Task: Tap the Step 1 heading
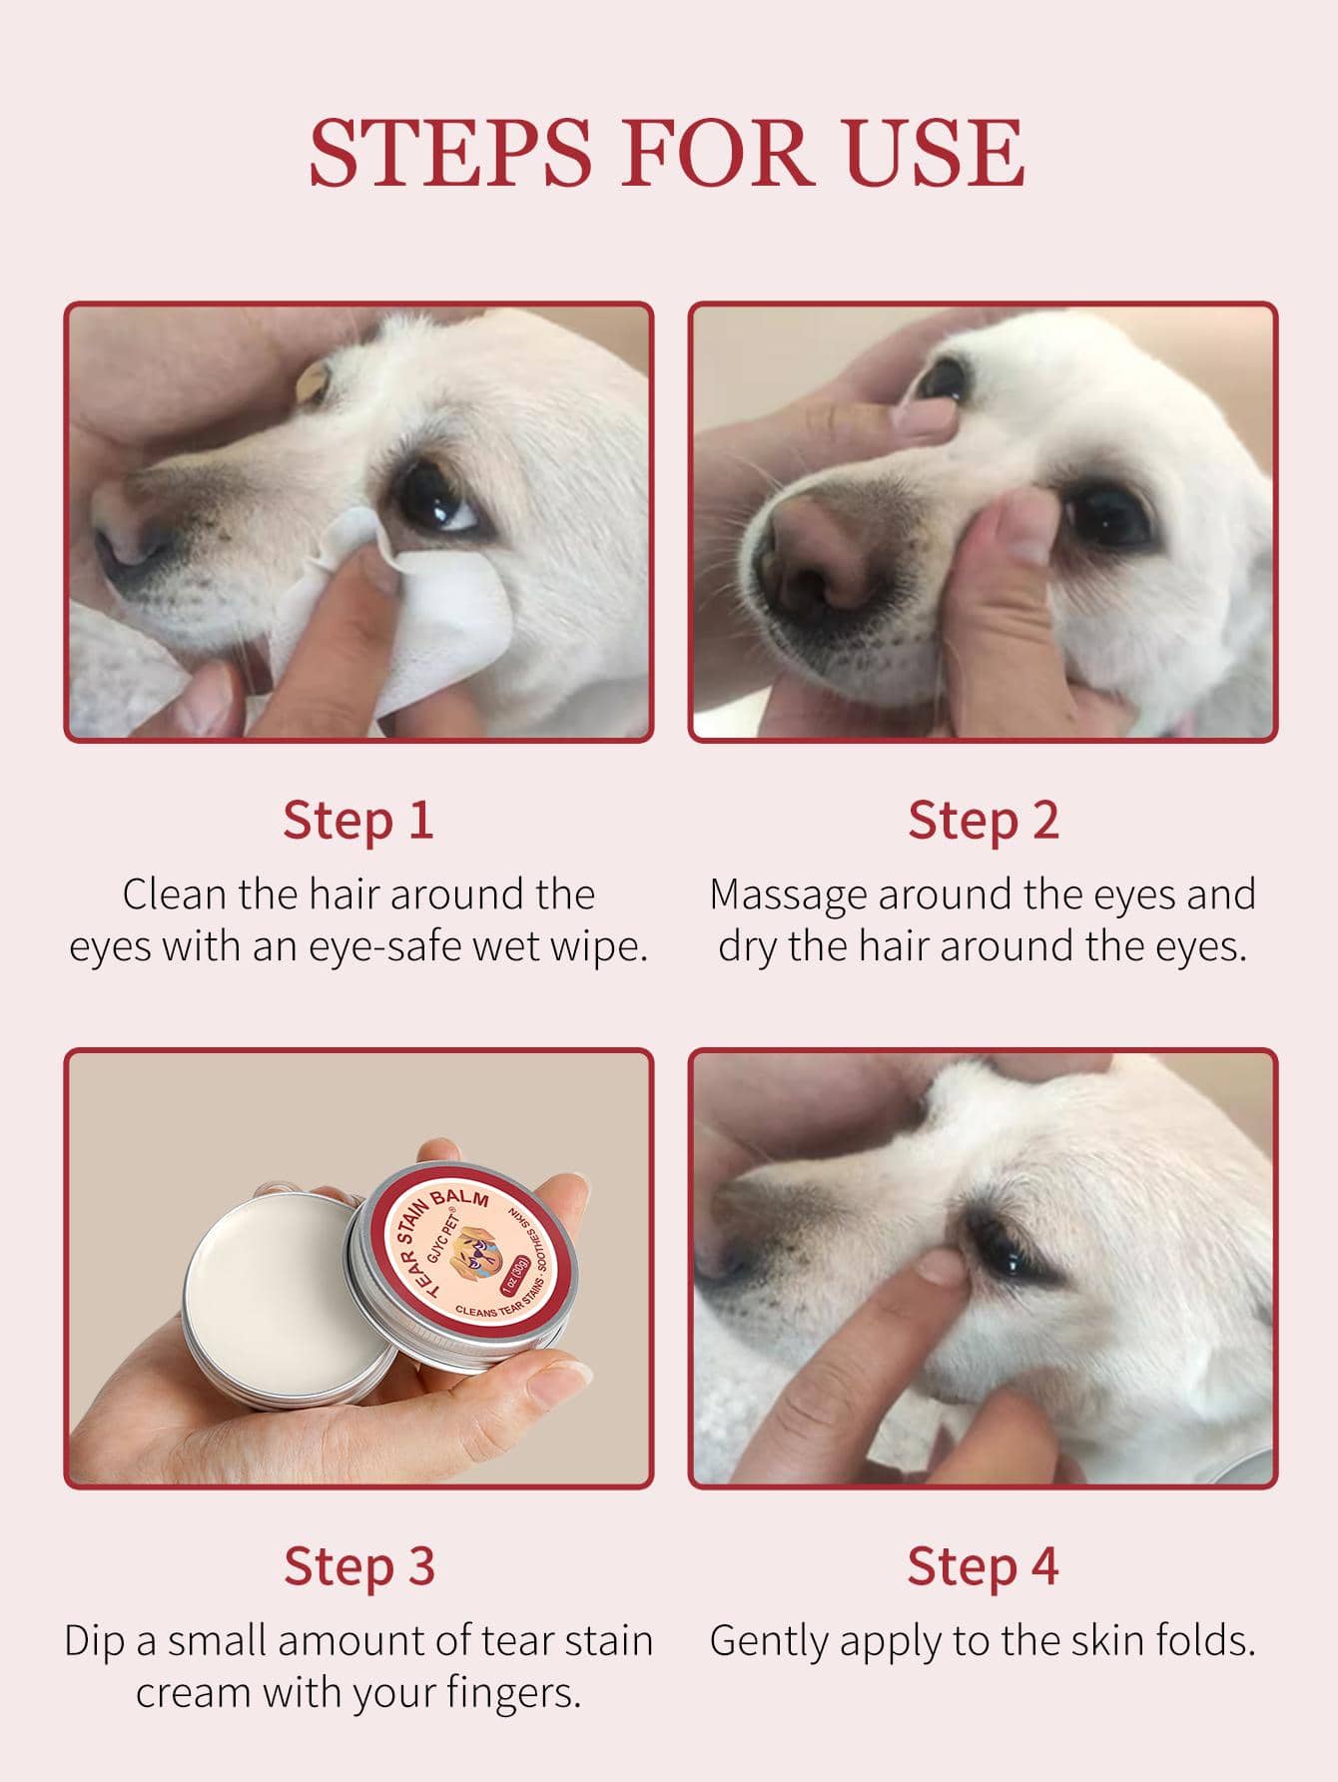click(x=358, y=820)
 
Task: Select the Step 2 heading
click(x=983, y=820)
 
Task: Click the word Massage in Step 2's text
click(x=788, y=894)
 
